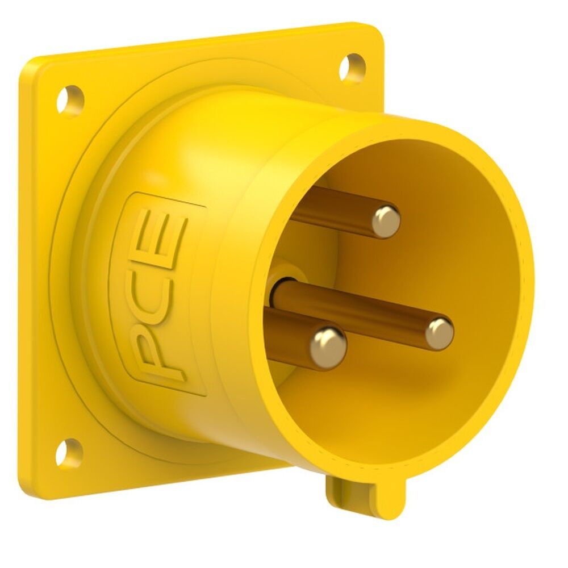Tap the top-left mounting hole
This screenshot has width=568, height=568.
point(70,100)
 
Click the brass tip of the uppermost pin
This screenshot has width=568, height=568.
point(386,220)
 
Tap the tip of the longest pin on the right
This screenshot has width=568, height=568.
point(440,333)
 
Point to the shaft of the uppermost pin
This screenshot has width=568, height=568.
point(335,207)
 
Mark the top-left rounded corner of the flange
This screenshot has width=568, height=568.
point(28,68)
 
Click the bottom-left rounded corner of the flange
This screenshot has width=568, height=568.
point(28,488)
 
